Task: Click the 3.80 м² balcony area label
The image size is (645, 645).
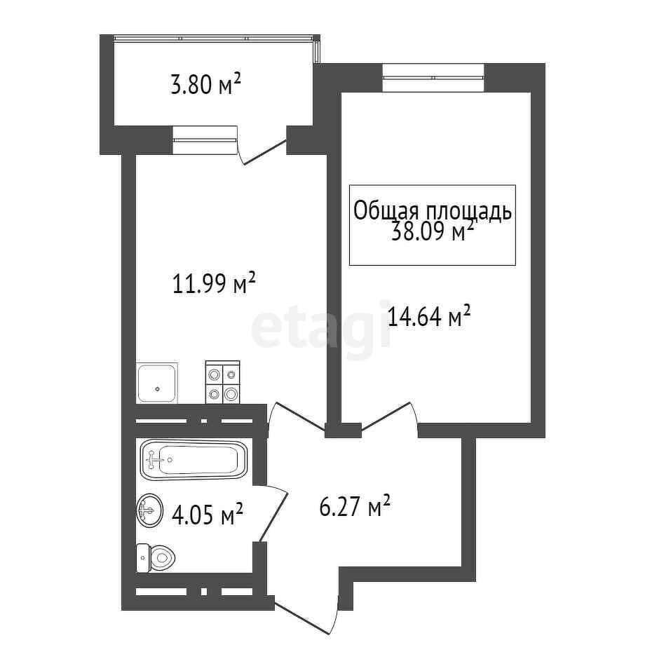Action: [205, 84]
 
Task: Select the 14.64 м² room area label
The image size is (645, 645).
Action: [429, 316]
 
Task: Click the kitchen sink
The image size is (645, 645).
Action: [157, 383]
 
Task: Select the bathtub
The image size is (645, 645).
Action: [193, 459]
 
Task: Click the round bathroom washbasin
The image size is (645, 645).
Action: [149, 510]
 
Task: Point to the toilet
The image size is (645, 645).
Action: [156, 558]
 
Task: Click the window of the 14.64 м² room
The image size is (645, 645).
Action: [433, 77]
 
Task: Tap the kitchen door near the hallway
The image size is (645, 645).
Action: [295, 419]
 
